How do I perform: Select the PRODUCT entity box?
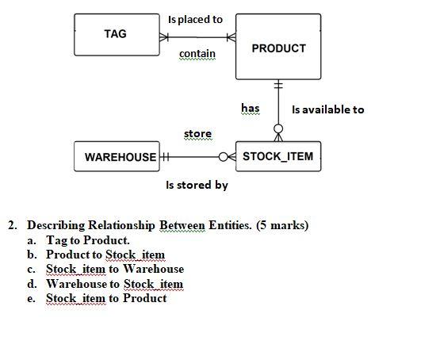277,48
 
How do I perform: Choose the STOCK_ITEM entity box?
277,156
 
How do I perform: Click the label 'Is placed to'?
196,19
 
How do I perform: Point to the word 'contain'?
197,54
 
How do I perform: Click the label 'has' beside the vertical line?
250,108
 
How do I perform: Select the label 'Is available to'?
327,109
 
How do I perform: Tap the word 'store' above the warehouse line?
197,133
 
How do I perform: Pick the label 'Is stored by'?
197,185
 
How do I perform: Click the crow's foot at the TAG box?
165,36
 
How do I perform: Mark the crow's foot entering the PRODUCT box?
231,36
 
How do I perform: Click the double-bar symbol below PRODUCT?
278,85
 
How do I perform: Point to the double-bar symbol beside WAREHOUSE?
166,157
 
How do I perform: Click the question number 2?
13,225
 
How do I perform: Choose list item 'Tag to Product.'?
87,239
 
